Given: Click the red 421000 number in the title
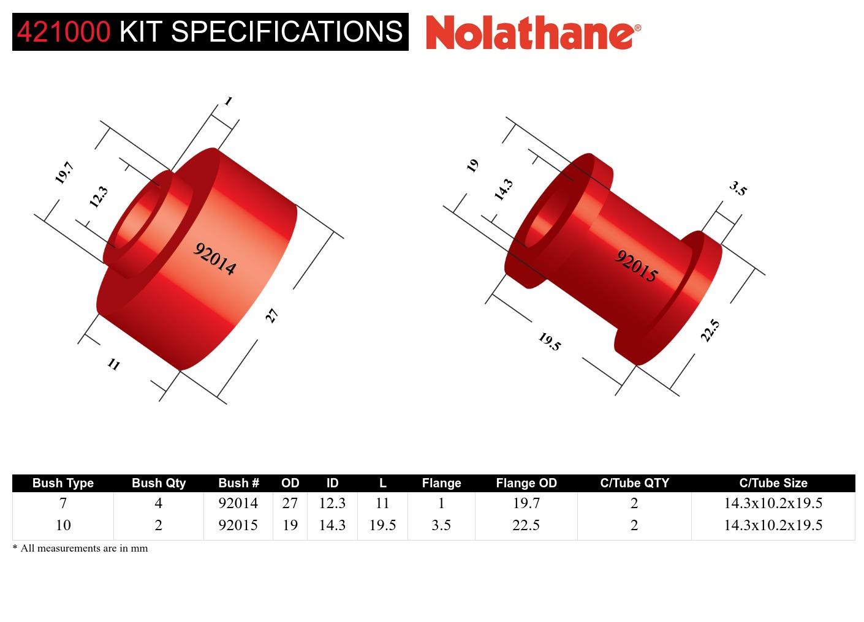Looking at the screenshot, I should coord(64,32).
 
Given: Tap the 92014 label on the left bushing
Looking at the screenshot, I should coord(214,259).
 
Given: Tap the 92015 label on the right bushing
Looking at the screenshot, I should coord(636,266).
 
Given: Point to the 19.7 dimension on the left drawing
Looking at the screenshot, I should coord(64,173).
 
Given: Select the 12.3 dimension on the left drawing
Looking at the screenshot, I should coord(98,197).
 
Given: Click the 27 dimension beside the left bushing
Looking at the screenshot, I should coord(271,316).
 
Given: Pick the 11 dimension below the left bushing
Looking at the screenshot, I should coord(114,365).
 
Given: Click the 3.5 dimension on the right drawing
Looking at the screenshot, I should coord(738,189).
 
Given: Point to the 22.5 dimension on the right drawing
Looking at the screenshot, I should coord(710,331).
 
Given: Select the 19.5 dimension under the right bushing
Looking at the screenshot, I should coord(550,342).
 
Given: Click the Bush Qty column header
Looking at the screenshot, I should coord(158,483).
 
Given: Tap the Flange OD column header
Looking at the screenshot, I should coord(526,483).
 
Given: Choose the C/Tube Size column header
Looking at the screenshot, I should coord(773,483).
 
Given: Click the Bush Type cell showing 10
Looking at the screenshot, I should coord(63,525).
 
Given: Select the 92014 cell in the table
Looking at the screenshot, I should coord(238,503).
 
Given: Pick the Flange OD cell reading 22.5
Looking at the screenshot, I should coord(526,525).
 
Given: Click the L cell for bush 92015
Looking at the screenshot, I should coord(382,525).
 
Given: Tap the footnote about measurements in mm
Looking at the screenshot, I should coord(80,549).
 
